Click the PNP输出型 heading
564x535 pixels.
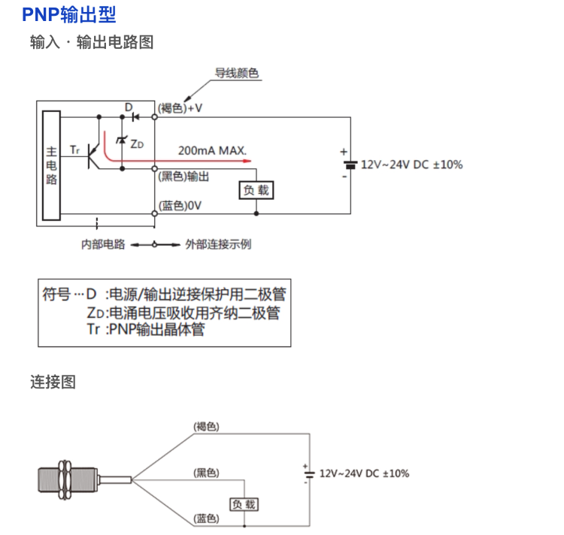click(69, 14)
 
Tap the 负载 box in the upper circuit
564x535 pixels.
click(255, 191)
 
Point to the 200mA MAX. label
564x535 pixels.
click(212, 150)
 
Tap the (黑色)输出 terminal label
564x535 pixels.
click(183, 176)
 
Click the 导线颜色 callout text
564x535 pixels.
click(237, 73)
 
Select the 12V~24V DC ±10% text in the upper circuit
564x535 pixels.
click(411, 165)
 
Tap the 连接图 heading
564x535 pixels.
click(53, 382)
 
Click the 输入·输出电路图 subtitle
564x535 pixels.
click(92, 43)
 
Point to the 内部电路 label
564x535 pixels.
click(103, 245)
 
